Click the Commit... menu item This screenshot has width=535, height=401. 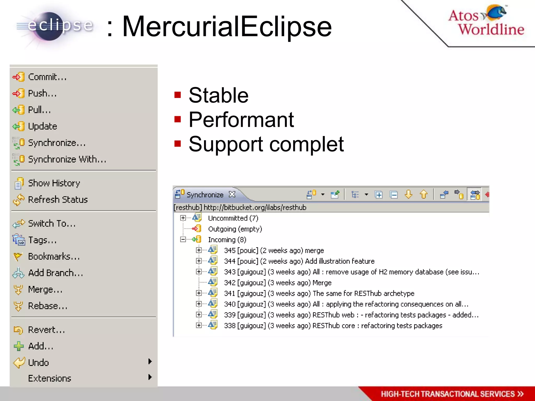47,77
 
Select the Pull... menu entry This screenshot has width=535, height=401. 39,110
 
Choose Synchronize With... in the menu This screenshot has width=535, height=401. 67,159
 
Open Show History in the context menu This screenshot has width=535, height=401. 54,183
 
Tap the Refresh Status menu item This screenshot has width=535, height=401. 58,200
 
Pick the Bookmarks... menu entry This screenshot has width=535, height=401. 54,257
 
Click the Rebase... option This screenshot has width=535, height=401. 48,306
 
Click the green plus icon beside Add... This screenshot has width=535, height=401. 19,346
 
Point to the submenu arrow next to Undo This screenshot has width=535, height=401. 150,362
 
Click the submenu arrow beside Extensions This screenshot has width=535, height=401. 150,377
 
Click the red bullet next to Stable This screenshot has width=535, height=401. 178,95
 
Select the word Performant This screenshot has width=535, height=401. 241,120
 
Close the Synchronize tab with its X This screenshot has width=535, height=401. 232,194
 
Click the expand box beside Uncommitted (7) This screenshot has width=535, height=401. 183,218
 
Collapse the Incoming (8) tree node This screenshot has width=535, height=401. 183,239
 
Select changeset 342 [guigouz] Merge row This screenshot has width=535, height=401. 277,283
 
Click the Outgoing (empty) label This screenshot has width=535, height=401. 235,229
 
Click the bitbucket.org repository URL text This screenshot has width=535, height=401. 255,208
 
